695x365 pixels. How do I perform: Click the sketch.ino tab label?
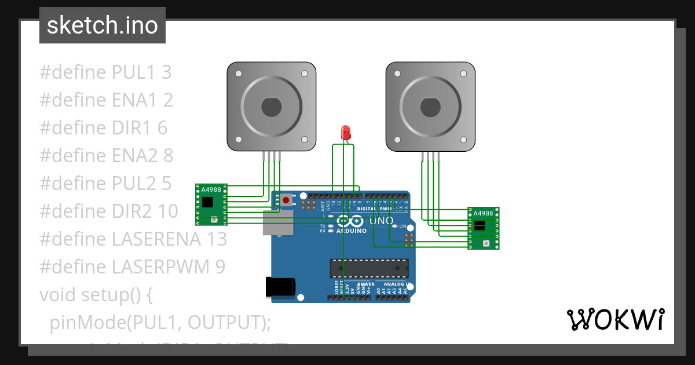tap(103, 25)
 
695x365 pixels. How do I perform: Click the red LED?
tap(346, 133)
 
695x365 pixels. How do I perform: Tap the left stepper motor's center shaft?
tap(271, 107)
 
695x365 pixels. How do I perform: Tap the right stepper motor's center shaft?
tap(430, 107)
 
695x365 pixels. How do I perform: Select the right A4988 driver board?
tap(484, 228)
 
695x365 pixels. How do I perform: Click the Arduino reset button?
tap(286, 200)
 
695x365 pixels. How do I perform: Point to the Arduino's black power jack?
tap(280, 287)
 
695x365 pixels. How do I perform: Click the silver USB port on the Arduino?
tap(277, 222)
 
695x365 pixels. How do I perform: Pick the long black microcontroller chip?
tap(369, 268)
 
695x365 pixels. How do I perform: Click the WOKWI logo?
tap(615, 319)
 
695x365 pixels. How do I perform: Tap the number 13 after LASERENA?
tap(217, 239)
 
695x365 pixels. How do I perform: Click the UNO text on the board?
tap(381, 221)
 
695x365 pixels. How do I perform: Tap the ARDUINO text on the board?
tap(352, 231)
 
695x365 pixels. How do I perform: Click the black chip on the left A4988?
tap(207, 202)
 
